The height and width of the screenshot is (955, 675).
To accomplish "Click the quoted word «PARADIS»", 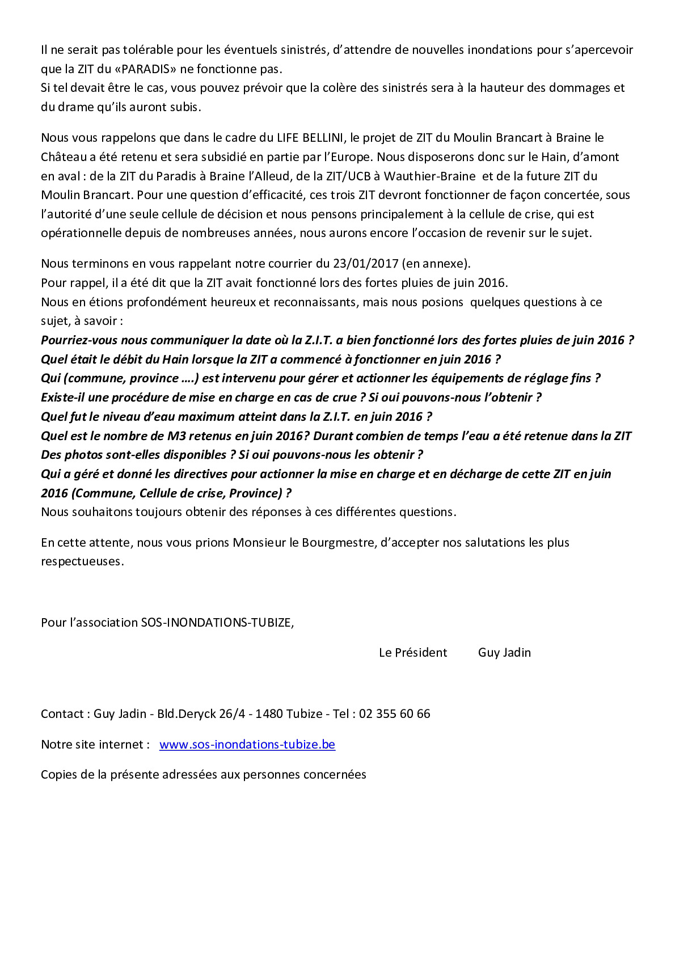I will tap(145, 69).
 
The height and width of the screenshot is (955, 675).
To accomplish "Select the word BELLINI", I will tap(323, 138).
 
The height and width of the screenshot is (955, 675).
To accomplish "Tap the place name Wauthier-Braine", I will tap(429, 176).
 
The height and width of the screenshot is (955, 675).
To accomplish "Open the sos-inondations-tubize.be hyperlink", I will tap(247, 745).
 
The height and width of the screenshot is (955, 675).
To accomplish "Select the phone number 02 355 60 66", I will tap(394, 714).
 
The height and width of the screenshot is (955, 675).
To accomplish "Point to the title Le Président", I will tap(413, 653).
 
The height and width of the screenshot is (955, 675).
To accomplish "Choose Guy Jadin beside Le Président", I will tap(504, 653).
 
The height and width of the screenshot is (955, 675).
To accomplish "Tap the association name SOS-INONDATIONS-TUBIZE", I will tap(216, 623).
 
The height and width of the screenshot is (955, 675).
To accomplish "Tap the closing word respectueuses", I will tap(81, 561).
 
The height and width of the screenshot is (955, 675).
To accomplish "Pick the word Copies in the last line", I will tap(58, 775).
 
